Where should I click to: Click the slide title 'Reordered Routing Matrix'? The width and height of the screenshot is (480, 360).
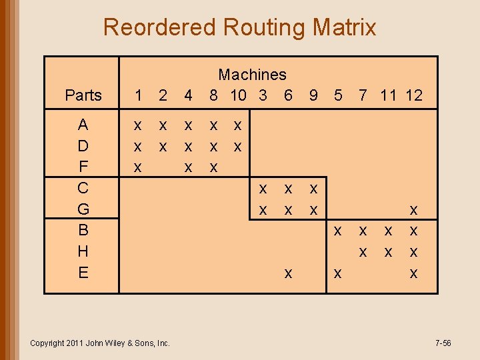coord(239,27)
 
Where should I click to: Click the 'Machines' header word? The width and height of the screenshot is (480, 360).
coord(252,75)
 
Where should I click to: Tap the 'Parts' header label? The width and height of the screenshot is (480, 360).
coord(83,95)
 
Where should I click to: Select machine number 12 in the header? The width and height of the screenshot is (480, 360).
coord(413,95)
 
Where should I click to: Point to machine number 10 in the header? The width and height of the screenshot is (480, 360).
coord(238,95)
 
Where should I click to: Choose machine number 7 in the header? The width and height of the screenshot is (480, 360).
coord(363,95)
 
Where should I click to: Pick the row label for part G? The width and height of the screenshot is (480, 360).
coord(83,209)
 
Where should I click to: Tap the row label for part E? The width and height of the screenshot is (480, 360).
coord(83,272)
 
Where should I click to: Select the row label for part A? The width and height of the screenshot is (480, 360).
coord(83,125)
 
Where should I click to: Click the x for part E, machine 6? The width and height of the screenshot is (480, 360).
coord(288,273)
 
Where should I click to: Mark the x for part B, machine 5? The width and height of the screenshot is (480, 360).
coord(338,231)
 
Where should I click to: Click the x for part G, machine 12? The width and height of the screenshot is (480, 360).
coord(413,210)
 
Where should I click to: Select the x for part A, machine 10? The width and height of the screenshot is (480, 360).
coord(238,125)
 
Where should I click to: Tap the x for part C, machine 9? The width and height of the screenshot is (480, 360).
coord(313,189)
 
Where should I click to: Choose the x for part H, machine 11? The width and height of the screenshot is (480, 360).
coord(388,252)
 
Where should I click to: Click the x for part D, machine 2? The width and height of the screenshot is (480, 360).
coord(163,146)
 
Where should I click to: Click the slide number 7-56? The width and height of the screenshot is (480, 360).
coord(443,343)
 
